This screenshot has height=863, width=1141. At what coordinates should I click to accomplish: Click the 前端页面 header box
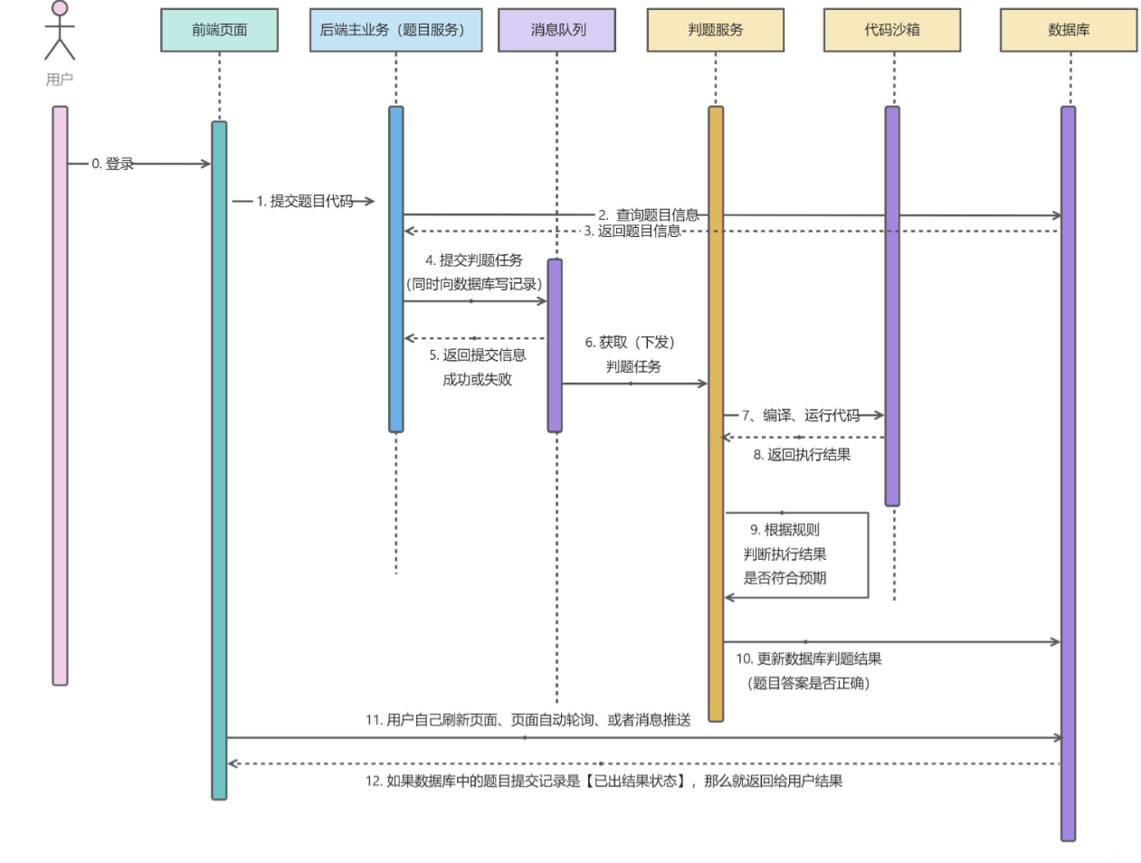pyautogui.click(x=219, y=30)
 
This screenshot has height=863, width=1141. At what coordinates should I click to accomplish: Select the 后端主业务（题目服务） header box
pyautogui.click(x=395, y=30)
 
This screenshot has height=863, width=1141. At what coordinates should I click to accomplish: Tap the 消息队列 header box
pyautogui.click(x=556, y=30)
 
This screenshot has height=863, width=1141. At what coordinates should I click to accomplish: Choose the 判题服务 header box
pyautogui.click(x=715, y=30)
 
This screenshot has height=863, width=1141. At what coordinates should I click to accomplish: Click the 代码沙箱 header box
pyautogui.click(x=892, y=30)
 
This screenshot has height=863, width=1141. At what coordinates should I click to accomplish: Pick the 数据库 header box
pyautogui.click(x=1069, y=30)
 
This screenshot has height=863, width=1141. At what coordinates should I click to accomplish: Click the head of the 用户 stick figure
pyautogui.click(x=60, y=8)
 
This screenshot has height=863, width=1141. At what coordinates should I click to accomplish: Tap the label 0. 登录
pyautogui.click(x=113, y=164)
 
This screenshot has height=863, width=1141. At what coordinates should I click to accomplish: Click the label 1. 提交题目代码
pyautogui.click(x=305, y=201)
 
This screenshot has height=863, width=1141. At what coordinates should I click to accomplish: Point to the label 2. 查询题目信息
pyautogui.click(x=648, y=214)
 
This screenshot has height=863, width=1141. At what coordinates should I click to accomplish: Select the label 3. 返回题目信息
pyautogui.click(x=632, y=232)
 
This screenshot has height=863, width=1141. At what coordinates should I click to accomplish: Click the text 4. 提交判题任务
pyautogui.click(x=473, y=261)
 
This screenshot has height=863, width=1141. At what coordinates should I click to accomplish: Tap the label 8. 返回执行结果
pyautogui.click(x=802, y=455)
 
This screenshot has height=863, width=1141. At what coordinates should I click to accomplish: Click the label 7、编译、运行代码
pyautogui.click(x=801, y=415)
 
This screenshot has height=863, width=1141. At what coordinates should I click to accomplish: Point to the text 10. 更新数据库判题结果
pyautogui.click(x=808, y=659)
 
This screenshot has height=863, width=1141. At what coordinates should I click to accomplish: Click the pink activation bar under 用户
pyautogui.click(x=60, y=396)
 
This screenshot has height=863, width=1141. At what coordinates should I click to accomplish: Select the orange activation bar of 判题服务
pyautogui.click(x=716, y=414)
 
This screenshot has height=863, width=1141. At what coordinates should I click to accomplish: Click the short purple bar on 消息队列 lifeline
pyautogui.click(x=555, y=346)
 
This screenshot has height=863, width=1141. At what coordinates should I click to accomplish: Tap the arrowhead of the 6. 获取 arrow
pyautogui.click(x=703, y=384)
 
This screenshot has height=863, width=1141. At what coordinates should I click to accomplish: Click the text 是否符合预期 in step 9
pyautogui.click(x=784, y=578)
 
